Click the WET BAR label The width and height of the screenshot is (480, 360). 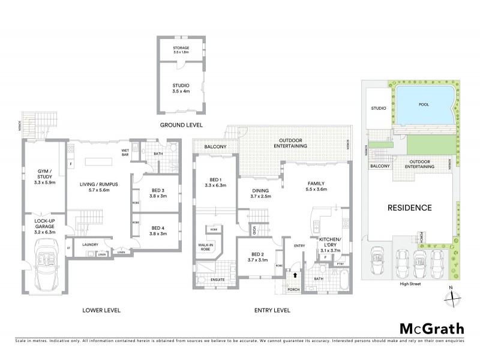coord(125,152)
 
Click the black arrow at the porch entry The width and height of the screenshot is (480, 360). coord(295,276)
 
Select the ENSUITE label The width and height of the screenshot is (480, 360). coord(211,280)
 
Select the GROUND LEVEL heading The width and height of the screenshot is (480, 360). coord(181,125)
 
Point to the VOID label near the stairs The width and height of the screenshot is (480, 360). coord(254,229)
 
